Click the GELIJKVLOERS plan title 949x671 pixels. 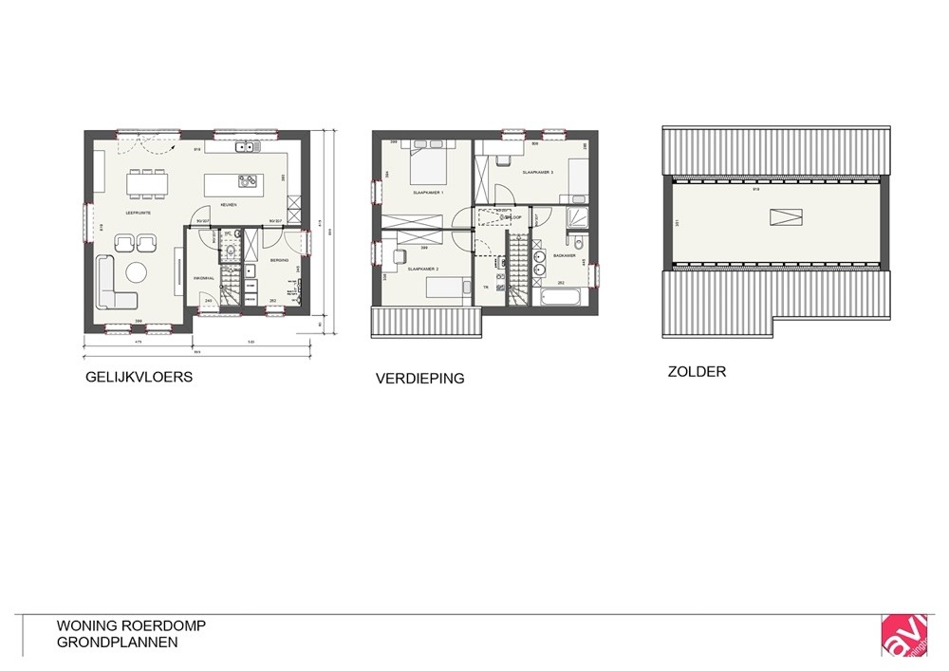click(x=139, y=377)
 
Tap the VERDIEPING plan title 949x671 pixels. click(x=419, y=378)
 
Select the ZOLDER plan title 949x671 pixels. click(x=697, y=372)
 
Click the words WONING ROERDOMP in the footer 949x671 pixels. click(x=131, y=626)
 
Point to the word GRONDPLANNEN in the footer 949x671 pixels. click(x=117, y=643)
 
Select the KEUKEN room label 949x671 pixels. click(x=229, y=205)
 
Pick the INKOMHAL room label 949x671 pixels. click(x=201, y=278)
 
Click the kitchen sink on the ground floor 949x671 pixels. click(x=246, y=147)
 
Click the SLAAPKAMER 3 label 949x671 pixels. click(x=537, y=173)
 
